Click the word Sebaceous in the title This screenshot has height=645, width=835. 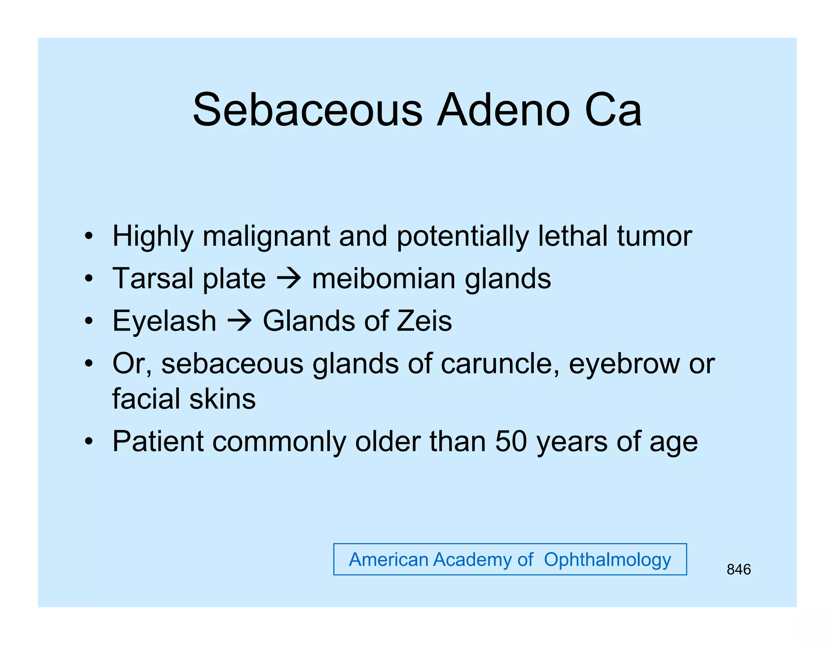tap(307, 110)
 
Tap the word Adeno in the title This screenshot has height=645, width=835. tap(503, 110)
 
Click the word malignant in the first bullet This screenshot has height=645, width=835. tap(266, 236)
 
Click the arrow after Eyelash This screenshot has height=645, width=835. tap(239, 321)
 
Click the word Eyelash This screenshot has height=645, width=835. tap(164, 321)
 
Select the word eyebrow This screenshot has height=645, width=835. tap(624, 364)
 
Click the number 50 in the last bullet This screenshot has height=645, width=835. tap(511, 442)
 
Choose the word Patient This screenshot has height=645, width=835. tap(158, 442)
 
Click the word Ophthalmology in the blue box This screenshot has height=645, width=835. tap(607, 560)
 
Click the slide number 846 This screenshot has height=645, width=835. tap(738, 570)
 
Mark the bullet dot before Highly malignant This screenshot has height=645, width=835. tap(88, 236)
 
